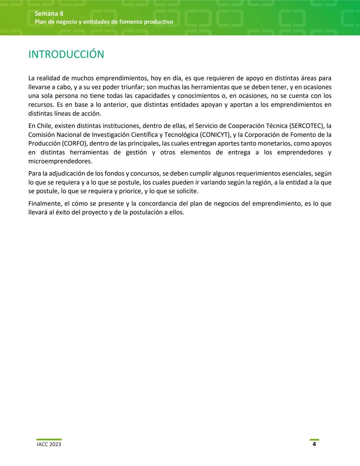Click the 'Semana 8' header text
pyautogui.click(x=49, y=14)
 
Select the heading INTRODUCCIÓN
pyautogui.click(x=66, y=54)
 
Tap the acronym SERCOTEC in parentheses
pyautogui.click(x=306, y=126)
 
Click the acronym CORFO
pyautogui.click(x=74, y=143)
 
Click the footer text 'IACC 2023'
pyautogui.click(x=49, y=444)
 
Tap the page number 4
pyautogui.click(x=314, y=444)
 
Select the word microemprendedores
pyautogui.click(x=60, y=161)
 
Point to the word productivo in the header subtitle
pyautogui.click(x=159, y=22)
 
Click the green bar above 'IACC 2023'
pyautogui.click(x=49, y=440)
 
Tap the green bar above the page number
pyautogui.click(x=314, y=440)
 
